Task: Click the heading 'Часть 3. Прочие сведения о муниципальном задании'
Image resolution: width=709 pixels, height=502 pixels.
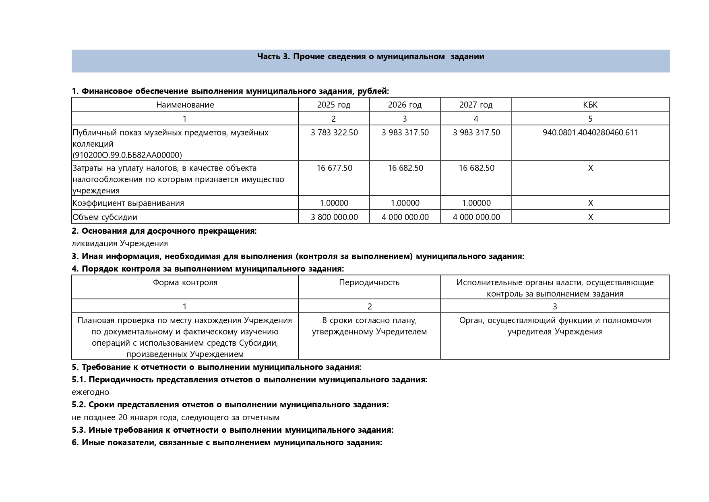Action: (370, 56)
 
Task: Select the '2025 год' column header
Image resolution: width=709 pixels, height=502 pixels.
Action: (333, 105)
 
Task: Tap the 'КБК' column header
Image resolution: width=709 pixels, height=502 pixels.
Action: (590, 105)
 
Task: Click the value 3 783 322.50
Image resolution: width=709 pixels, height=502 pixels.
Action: (334, 133)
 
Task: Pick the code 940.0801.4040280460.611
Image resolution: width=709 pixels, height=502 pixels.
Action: (590, 133)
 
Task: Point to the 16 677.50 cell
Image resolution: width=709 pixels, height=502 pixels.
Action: (334, 168)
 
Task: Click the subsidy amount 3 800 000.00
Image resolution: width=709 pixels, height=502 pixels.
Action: (334, 217)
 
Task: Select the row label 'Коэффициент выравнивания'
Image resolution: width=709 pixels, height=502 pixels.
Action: (128, 203)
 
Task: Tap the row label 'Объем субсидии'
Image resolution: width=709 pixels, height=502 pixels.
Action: (105, 217)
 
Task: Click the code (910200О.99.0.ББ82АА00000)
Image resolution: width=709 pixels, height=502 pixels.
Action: (127, 155)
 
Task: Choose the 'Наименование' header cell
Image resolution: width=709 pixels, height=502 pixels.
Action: (185, 105)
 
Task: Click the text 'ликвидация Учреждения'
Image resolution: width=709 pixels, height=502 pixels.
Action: (120, 243)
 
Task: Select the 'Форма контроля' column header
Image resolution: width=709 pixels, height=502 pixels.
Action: (185, 282)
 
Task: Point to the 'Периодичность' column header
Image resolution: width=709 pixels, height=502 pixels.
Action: (369, 282)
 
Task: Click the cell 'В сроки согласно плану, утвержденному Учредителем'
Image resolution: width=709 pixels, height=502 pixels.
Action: (369, 326)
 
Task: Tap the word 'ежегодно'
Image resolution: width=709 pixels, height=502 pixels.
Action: (90, 392)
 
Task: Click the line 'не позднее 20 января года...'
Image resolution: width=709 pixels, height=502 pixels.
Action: (176, 417)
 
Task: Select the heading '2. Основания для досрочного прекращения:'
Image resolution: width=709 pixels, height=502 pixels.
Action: (164, 231)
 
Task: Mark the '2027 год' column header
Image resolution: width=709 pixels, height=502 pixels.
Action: (475, 105)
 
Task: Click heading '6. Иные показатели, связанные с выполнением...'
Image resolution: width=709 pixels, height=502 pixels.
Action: (227, 442)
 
